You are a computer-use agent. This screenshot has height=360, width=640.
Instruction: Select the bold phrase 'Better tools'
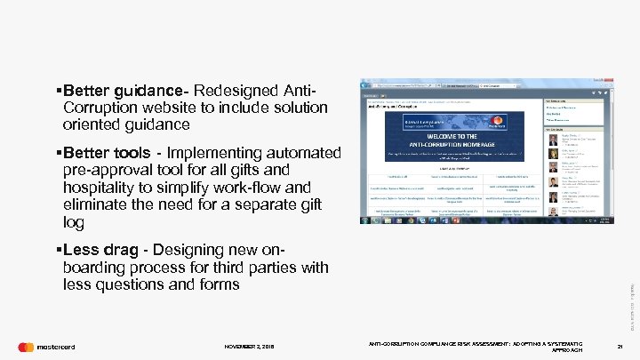pos(111,153)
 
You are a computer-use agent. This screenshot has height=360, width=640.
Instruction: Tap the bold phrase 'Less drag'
pos(101,251)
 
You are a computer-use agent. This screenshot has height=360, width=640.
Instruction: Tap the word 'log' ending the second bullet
pos(74,221)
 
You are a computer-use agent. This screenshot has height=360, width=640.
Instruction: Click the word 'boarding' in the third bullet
pos(99,268)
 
